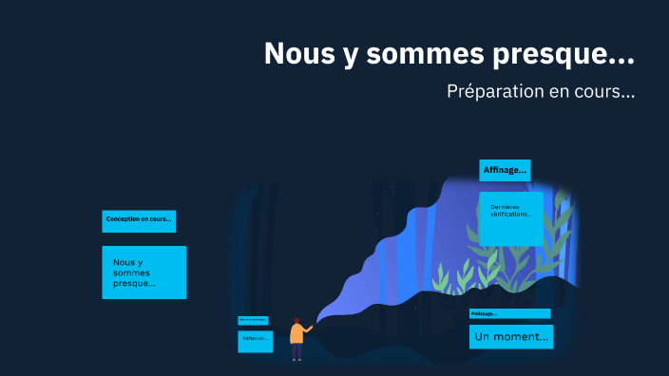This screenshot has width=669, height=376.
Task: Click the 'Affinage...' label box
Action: pos(505,170)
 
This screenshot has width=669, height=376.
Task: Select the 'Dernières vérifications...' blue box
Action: pos(511,218)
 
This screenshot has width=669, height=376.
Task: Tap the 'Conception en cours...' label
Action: pos(139,220)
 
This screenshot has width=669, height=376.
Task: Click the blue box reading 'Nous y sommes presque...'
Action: pos(143,273)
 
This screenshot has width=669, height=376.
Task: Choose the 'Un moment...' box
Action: pos(511,337)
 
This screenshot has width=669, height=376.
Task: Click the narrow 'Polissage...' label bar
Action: pos(509,313)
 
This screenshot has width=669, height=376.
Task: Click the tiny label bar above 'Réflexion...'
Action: pos(253,320)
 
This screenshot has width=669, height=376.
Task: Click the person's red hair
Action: pos(296,321)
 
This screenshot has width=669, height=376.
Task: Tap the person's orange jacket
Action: pos(296,334)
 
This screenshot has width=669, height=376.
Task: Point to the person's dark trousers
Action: pos(296,351)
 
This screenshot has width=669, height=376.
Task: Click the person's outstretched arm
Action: pos(307,329)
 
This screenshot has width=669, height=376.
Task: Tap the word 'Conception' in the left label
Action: pos(122,219)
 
